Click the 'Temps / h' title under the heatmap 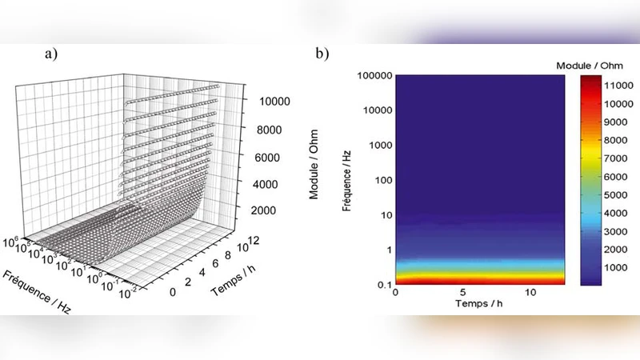click(480, 304)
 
